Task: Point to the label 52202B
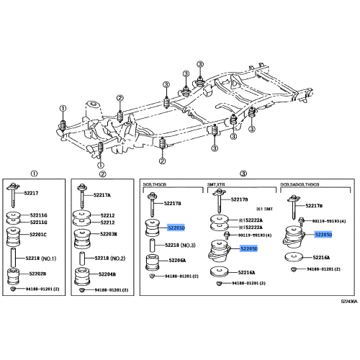point(38,274)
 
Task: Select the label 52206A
point(176,260)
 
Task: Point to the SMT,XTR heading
point(217,184)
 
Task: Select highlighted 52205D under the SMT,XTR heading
point(248,248)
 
